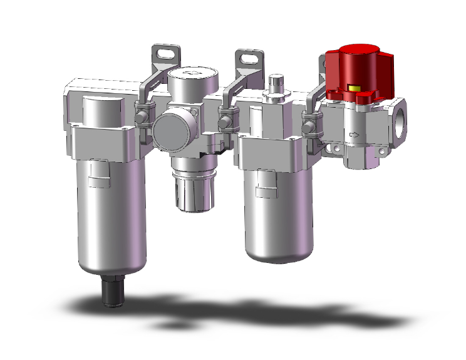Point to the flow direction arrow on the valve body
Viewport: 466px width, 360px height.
(x=355, y=134)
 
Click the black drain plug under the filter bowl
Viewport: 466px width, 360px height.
(x=115, y=292)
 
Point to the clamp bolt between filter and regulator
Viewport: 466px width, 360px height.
(x=142, y=117)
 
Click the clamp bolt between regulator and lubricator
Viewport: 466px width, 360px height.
(x=222, y=119)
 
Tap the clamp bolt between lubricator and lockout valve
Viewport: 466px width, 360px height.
(x=307, y=125)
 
